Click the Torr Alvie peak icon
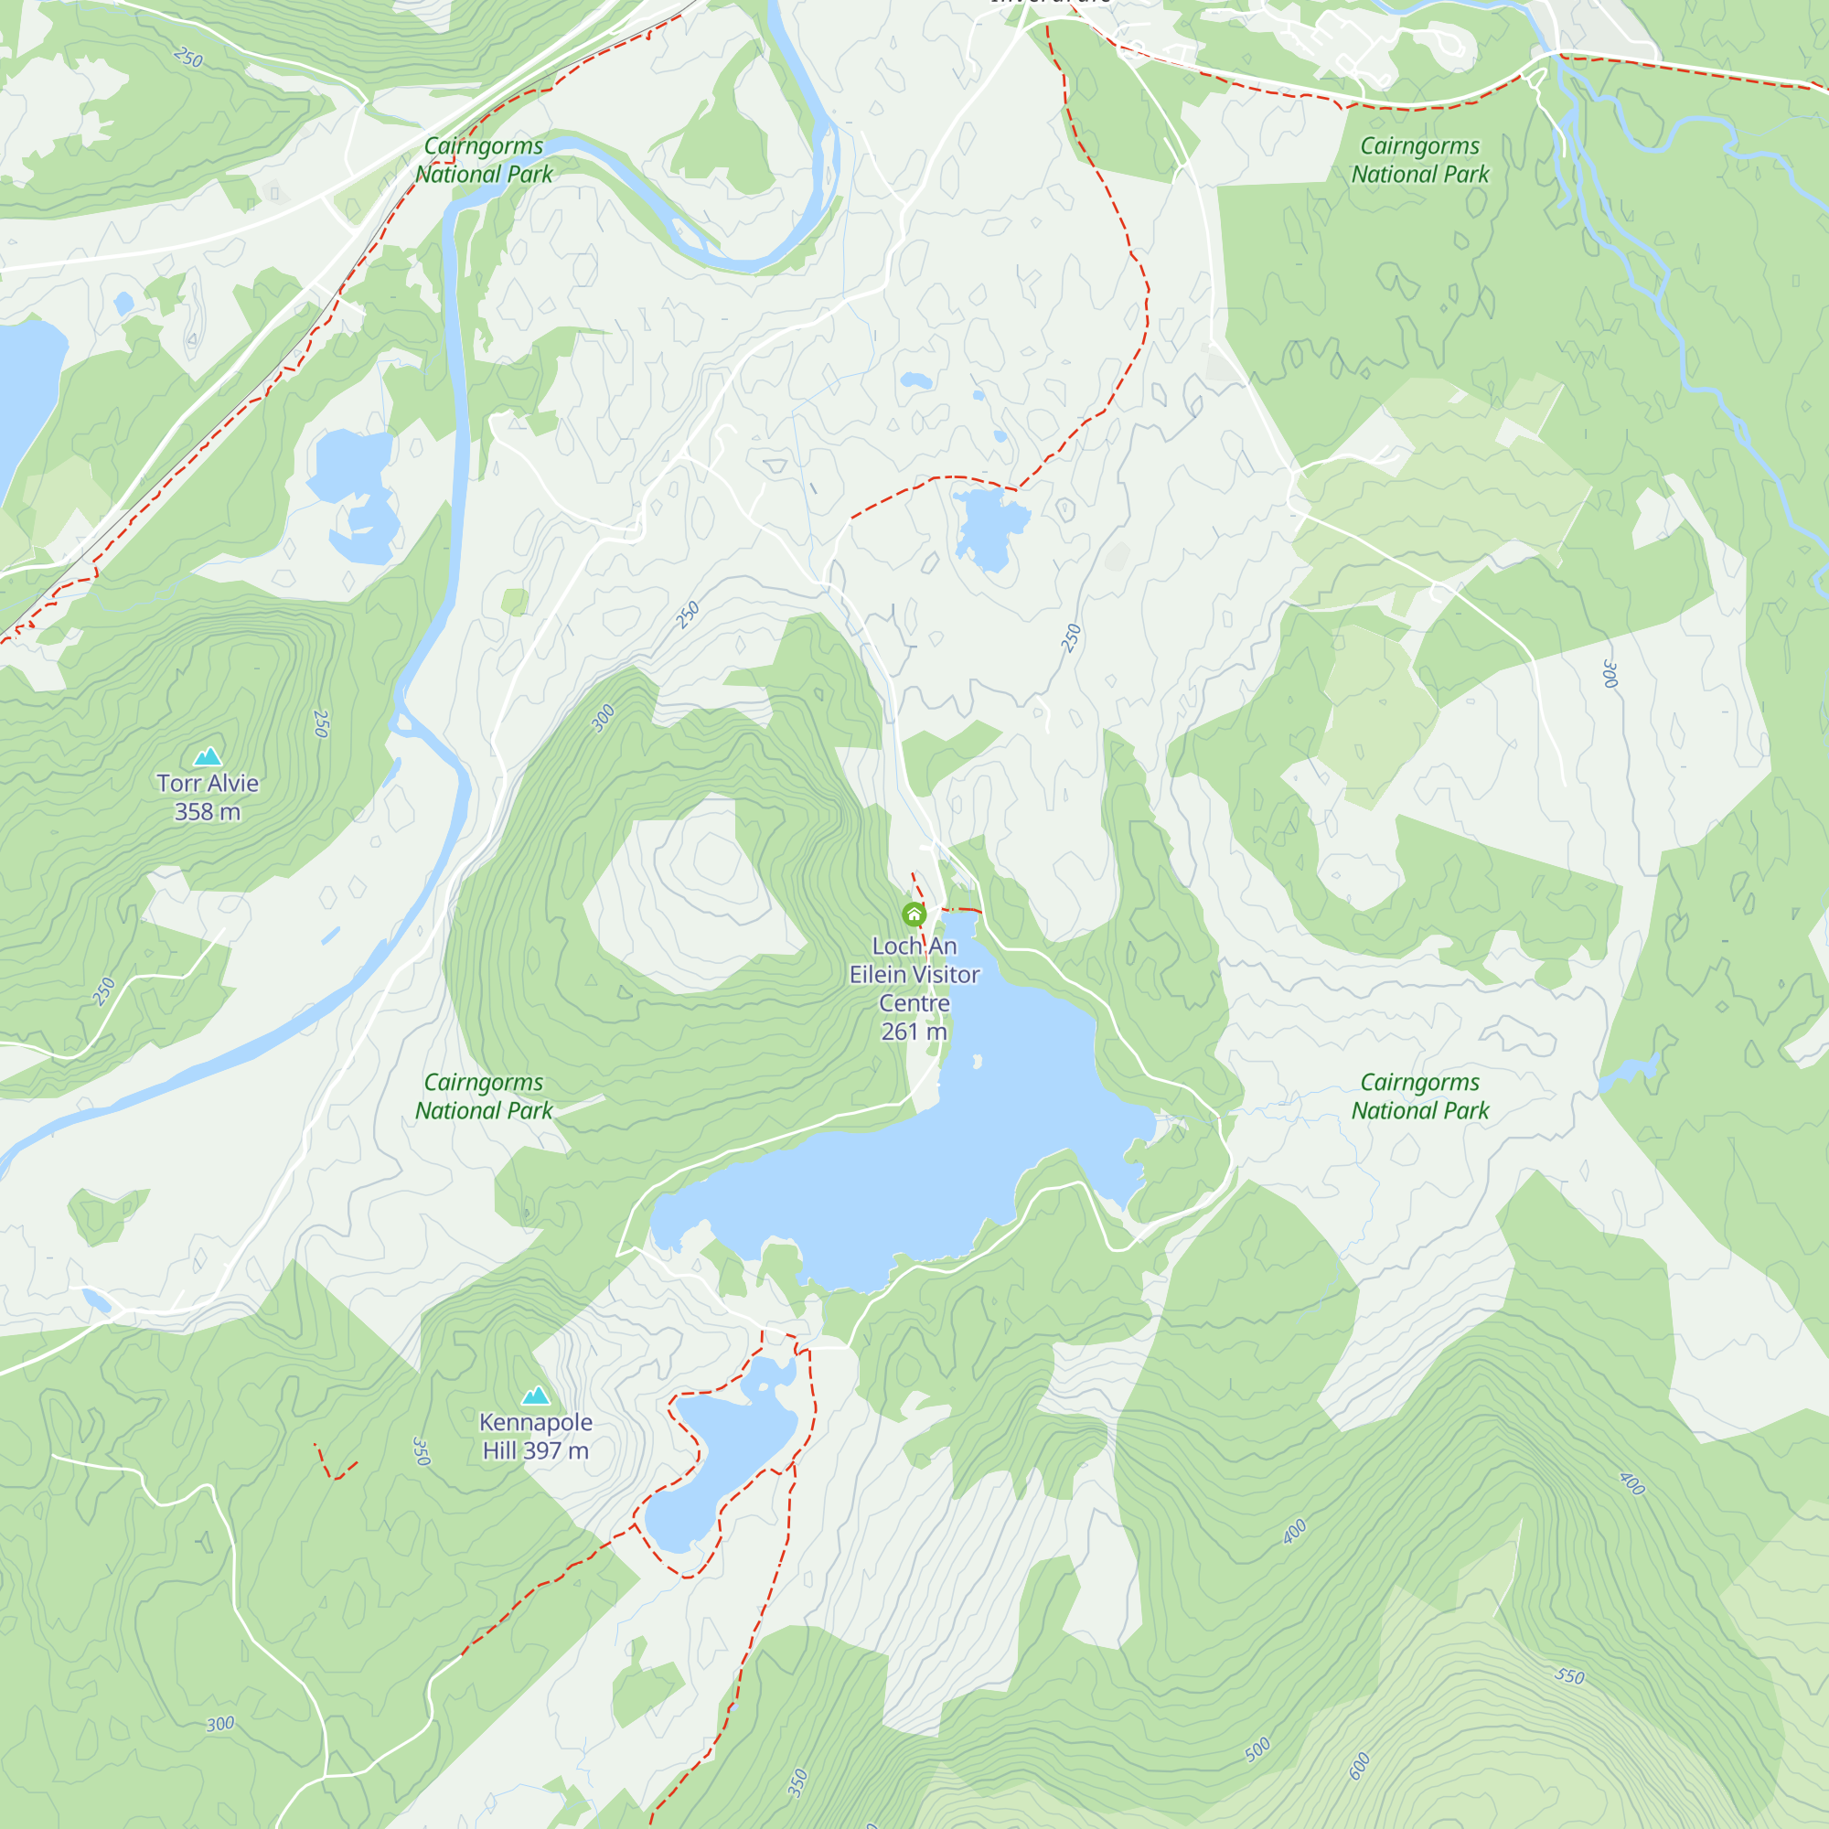tap(208, 755)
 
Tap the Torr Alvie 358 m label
tap(208, 797)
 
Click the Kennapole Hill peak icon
tap(536, 1396)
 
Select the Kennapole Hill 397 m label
tap(536, 1436)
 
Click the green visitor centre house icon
tap(914, 914)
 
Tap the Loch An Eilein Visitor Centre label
tap(914, 988)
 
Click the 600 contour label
tap(1360, 1766)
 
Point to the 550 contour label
tap(1569, 1675)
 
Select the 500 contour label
tap(1257, 1750)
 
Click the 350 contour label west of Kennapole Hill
tap(422, 1451)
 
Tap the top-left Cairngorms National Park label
tap(484, 160)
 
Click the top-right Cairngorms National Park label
tap(1420, 160)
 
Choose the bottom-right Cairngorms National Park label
tap(1420, 1096)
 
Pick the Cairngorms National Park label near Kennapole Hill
tap(484, 1096)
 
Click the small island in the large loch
tap(977, 1062)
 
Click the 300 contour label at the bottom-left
tap(220, 1724)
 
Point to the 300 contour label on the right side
tap(1610, 673)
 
